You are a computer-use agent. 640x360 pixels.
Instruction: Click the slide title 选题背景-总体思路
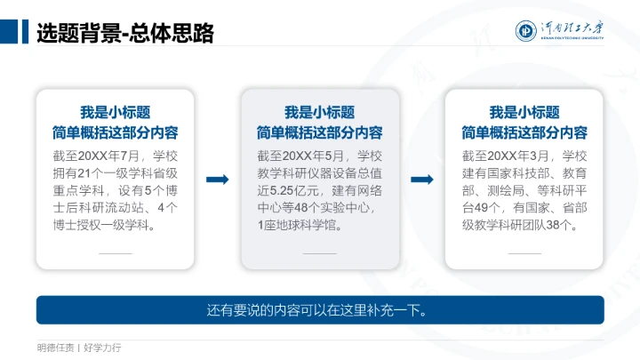124,33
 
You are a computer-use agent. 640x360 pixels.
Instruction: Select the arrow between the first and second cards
217,180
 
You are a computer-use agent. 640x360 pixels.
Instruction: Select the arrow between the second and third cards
422,180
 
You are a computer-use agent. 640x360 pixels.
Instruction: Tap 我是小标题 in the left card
115,112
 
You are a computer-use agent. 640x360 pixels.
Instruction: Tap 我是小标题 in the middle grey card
319,112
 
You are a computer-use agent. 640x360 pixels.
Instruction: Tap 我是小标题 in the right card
524,112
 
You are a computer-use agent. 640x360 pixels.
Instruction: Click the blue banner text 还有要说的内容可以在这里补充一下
319,310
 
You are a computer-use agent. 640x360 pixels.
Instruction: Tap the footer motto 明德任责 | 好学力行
79,347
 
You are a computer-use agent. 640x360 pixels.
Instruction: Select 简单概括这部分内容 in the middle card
319,132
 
